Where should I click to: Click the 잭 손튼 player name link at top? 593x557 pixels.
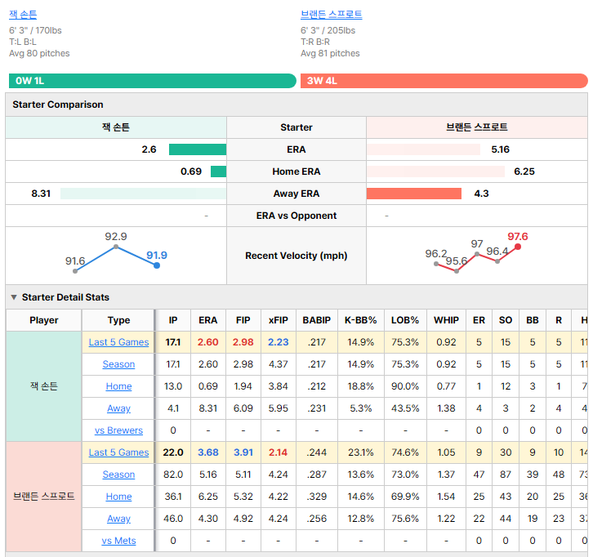[x=23, y=15]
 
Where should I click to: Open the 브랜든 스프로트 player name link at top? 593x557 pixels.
[x=332, y=15]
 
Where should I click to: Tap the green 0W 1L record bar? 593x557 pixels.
[x=153, y=81]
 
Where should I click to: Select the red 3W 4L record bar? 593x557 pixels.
[x=444, y=81]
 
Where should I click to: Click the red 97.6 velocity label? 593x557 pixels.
[x=517, y=237]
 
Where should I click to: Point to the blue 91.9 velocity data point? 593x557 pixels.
[x=157, y=265]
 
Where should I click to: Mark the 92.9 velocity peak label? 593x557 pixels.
[x=116, y=237]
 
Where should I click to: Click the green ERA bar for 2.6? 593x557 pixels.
[x=198, y=149]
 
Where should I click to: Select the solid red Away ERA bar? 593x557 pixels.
[x=414, y=194]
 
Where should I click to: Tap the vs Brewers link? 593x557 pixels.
[x=118, y=430]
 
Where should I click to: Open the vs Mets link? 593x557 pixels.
[x=118, y=541]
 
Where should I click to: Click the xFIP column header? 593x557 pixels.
[x=279, y=320]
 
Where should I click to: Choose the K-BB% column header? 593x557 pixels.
[x=361, y=320]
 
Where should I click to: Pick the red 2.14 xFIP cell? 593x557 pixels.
[x=278, y=452]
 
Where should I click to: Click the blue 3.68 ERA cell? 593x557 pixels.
[x=208, y=452]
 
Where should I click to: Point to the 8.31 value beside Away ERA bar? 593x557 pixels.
[x=41, y=194]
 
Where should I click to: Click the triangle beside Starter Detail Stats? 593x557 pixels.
[x=14, y=297]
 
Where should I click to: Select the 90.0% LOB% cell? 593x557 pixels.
[x=405, y=386]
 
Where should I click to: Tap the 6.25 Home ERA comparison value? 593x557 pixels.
[x=524, y=172]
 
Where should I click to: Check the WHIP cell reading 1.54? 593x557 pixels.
[x=446, y=497]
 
